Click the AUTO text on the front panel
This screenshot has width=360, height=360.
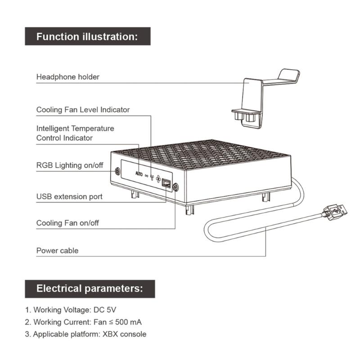pos(139,174)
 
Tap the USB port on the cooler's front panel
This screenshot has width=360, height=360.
pos(166,183)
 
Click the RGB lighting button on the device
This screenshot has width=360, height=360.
pos(117,171)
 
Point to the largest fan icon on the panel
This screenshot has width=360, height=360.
pos(158,179)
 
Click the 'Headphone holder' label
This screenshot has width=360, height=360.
pos(68,77)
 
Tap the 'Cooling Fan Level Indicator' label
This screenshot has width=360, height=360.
pos(83,110)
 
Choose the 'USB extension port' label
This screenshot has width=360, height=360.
pos(69,197)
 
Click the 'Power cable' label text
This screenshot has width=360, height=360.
pos(57,251)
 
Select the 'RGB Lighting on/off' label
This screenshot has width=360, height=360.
pos(70,165)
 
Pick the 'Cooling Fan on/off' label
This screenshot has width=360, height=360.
pos(67,223)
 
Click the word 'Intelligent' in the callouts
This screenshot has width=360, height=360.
pos(53,129)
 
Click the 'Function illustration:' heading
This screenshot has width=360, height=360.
pos(87,36)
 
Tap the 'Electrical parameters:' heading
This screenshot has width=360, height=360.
pos(90,288)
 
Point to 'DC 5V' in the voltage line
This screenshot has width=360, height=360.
pos(105,310)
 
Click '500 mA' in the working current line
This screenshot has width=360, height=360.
pos(128,322)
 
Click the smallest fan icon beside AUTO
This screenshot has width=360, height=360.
pos(147,176)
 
